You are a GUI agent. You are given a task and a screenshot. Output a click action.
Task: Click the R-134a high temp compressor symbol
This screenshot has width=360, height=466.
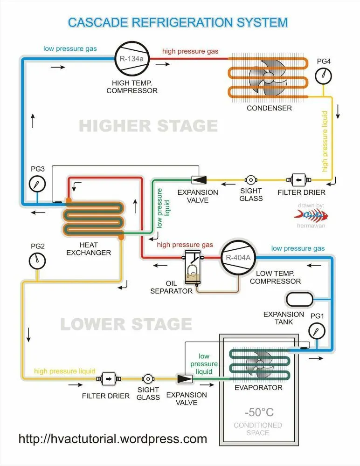(x=132, y=59)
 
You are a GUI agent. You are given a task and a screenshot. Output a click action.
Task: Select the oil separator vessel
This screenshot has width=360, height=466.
(x=192, y=267)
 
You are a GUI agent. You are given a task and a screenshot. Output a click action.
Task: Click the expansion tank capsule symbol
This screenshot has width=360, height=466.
(x=299, y=299)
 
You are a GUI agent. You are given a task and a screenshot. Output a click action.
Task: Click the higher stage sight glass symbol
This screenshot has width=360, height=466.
(x=251, y=179)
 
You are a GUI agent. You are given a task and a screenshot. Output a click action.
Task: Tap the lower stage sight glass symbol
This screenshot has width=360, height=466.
(x=148, y=379)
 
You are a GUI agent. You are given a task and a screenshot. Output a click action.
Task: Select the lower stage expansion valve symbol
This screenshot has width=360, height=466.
(x=185, y=379)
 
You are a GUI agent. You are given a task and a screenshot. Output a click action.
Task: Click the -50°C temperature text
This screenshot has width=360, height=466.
(x=259, y=412)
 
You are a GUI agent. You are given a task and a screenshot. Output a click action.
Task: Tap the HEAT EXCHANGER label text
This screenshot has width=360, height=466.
(x=89, y=249)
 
